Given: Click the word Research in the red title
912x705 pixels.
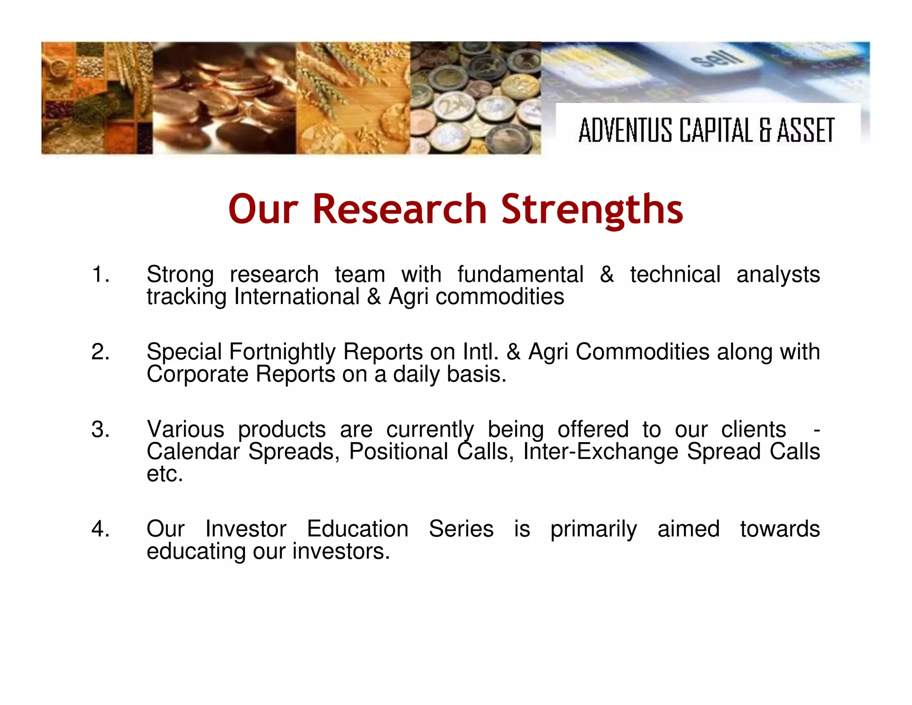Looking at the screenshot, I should click(x=399, y=209).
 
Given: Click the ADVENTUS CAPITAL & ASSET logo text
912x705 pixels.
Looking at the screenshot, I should click(x=706, y=130).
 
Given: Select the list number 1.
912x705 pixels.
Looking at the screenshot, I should click(x=100, y=274).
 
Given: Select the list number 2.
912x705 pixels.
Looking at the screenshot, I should click(x=100, y=352).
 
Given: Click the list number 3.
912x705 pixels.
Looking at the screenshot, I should click(x=100, y=430).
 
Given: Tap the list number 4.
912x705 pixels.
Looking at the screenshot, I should click(x=100, y=529).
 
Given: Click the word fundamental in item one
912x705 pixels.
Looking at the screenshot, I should click(x=520, y=274).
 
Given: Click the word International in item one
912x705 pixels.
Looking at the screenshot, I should click(x=297, y=296).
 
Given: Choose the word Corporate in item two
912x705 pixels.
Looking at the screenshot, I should click(x=195, y=374).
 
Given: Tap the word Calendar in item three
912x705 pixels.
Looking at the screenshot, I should click(x=193, y=451).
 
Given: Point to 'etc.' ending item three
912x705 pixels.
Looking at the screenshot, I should click(x=165, y=474).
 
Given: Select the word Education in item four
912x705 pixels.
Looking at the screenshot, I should click(x=358, y=529).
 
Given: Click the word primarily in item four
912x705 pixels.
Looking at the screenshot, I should click(x=594, y=529).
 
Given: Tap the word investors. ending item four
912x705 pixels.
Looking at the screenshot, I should click(x=341, y=551).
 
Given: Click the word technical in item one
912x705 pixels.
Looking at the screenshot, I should click(x=675, y=274).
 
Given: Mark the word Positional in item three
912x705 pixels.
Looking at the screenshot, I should click(x=398, y=451).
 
